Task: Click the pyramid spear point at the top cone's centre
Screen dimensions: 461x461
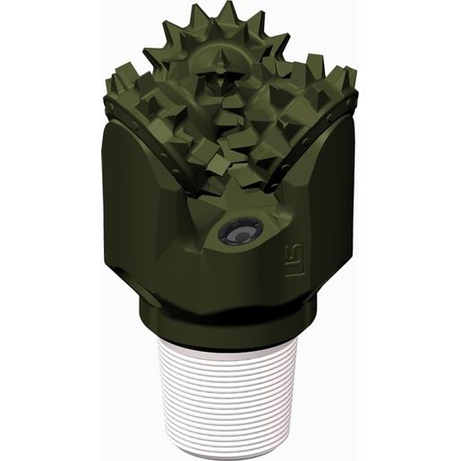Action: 219,66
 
